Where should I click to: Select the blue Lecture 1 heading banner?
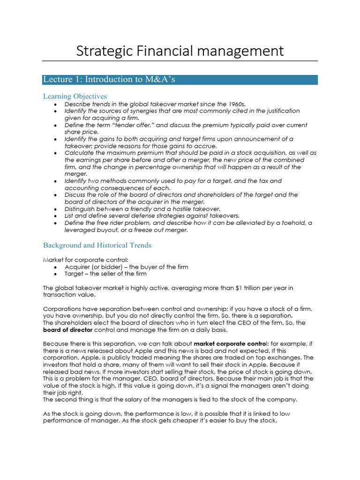[180, 79]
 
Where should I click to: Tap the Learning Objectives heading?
[75, 96]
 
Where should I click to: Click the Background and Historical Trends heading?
[97, 245]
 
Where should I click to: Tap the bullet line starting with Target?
[105, 274]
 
